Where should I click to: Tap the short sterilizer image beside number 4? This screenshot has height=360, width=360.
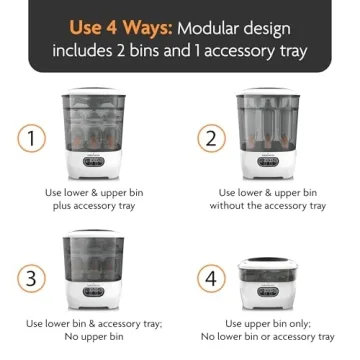pos(268,279)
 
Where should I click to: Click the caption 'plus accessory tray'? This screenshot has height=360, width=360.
pos(91,206)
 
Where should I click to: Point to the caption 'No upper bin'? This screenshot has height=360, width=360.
pos(91,337)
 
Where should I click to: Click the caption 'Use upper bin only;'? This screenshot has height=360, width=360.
pos(268,324)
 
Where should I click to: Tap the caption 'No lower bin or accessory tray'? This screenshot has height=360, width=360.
pos(268,337)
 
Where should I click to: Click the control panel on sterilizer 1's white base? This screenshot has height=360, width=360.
pos(91,161)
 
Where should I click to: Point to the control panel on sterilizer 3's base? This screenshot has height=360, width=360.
pos(91,291)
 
